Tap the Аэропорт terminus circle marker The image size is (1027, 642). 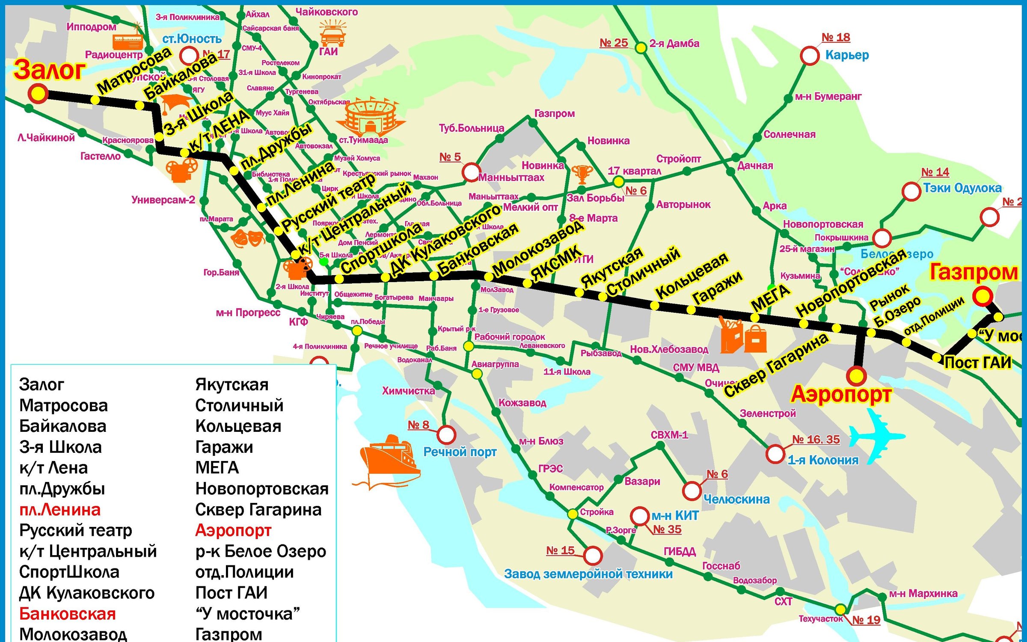(856, 376)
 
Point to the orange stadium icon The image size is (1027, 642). (371, 116)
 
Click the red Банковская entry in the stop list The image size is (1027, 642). (68, 614)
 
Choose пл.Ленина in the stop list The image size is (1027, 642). (60, 510)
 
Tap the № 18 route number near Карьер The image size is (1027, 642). (836, 38)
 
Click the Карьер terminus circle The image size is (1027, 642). (810, 56)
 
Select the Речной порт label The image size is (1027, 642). (460, 452)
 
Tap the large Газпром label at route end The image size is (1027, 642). (974, 273)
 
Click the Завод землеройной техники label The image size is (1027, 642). (588, 574)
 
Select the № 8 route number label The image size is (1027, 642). (418, 425)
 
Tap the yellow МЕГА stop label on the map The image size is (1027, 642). (770, 298)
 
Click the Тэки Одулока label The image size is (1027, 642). (962, 188)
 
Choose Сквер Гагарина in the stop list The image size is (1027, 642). (258, 510)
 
